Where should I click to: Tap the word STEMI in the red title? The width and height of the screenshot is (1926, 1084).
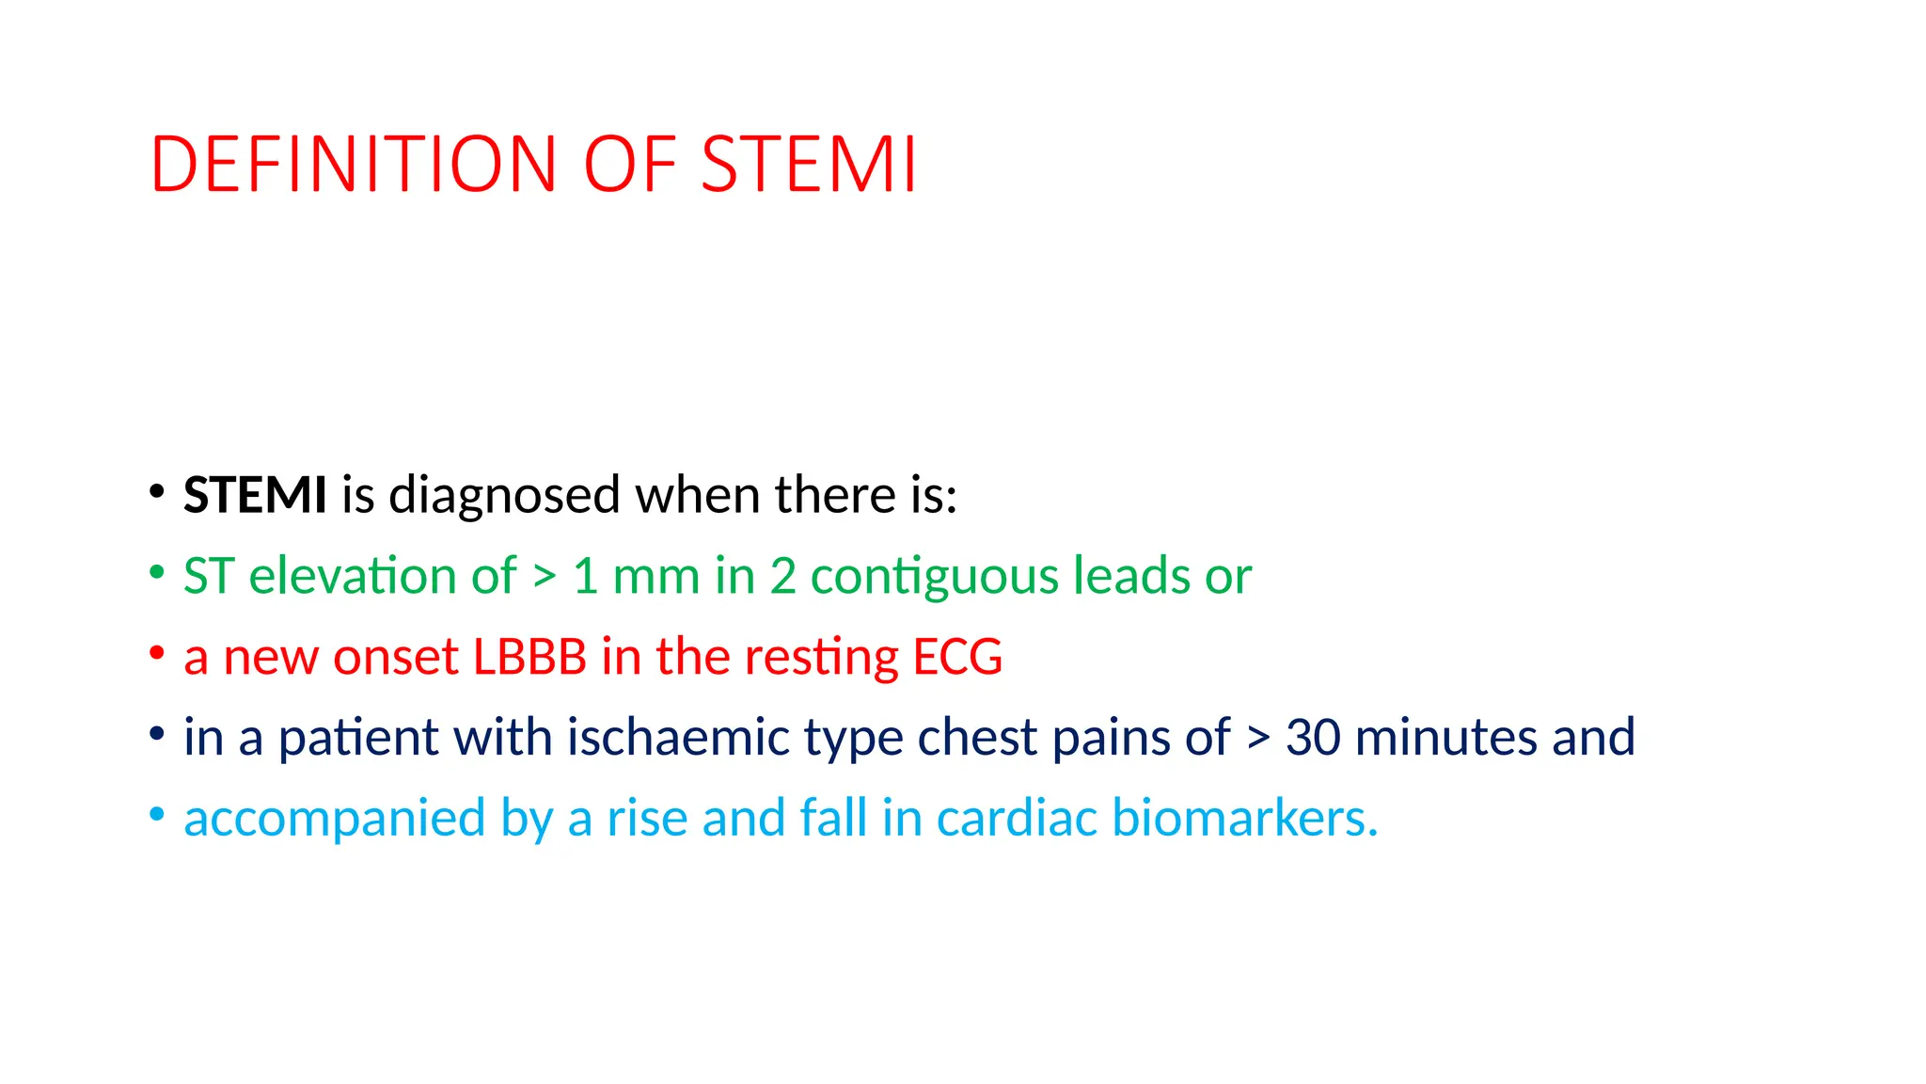pos(808,165)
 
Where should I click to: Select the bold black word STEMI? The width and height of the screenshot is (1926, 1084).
pos(255,495)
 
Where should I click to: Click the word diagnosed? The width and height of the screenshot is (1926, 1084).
pos(504,495)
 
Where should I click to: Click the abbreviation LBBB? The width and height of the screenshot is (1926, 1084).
pos(529,657)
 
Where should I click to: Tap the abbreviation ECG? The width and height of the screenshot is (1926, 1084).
pos(957,657)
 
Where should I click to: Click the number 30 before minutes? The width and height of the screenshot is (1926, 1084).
pos(1313,737)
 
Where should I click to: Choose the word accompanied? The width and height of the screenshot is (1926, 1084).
pos(334,818)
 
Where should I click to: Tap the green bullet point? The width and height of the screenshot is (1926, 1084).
pos(157,572)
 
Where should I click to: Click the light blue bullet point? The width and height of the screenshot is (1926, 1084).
pos(157,814)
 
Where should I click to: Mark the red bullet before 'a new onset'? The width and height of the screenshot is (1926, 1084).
pos(157,652)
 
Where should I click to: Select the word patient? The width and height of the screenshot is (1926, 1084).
pos(358,737)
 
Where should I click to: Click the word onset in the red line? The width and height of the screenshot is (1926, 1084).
pos(395,657)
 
